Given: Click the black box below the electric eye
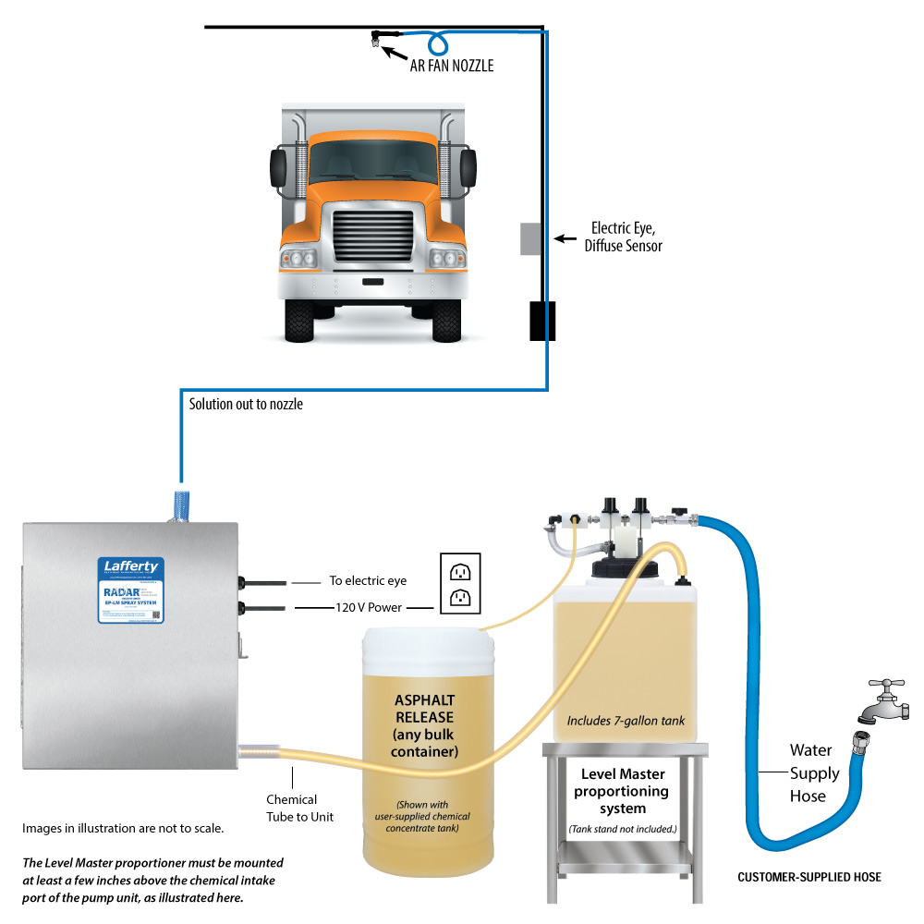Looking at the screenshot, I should click(x=541, y=321).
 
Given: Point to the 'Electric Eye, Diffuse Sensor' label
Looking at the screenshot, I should click(x=626, y=237).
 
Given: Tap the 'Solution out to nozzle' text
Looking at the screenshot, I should click(x=245, y=404).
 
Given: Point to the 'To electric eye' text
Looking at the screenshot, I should click(x=367, y=581).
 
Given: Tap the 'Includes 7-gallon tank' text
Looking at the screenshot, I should click(x=626, y=720).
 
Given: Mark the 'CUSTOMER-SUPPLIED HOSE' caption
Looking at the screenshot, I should click(x=808, y=877).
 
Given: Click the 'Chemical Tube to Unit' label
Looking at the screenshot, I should click(x=291, y=808).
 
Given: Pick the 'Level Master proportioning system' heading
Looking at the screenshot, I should click(x=622, y=791).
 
